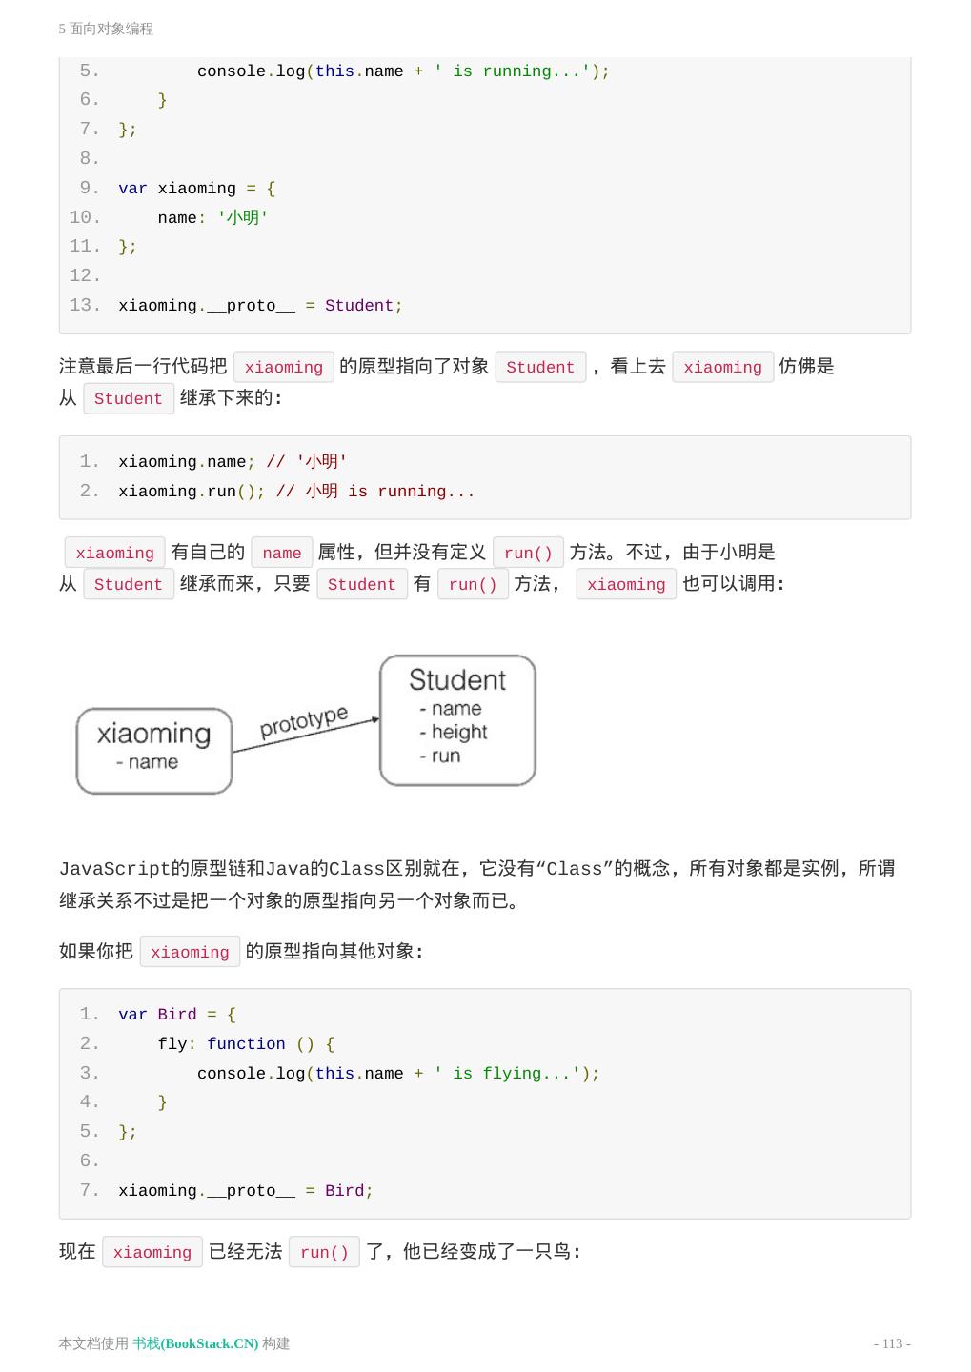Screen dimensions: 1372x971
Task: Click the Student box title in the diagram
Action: click(457, 680)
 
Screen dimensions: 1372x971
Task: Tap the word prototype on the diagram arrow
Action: click(304, 722)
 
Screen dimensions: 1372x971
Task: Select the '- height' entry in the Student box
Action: click(454, 733)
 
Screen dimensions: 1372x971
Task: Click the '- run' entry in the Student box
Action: click(440, 757)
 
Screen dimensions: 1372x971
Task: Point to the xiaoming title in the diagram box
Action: click(153, 734)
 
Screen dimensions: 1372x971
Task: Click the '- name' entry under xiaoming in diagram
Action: click(148, 762)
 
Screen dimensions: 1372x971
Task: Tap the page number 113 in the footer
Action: click(892, 1343)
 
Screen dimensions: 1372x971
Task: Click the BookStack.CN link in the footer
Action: click(195, 1343)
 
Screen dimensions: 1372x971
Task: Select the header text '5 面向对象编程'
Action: click(106, 29)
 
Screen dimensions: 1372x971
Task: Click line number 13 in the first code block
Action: click(84, 305)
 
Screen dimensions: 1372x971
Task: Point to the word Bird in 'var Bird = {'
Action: click(177, 1015)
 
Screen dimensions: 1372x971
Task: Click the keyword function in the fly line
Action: click(246, 1044)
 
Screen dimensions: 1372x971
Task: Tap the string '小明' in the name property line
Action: click(243, 218)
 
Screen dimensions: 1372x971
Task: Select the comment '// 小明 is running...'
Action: click(375, 492)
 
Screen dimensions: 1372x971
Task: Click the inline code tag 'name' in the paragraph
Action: click(282, 554)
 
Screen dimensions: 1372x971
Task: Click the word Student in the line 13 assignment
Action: click(359, 306)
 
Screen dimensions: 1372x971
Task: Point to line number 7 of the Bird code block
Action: click(89, 1191)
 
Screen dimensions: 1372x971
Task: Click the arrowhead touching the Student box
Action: click(375, 719)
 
